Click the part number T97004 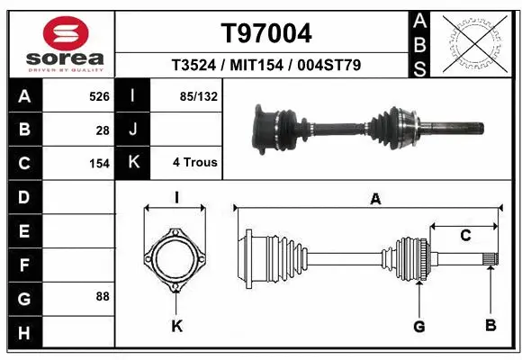(266, 33)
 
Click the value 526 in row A (99, 94)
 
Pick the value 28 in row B (103, 130)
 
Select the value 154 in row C (99, 164)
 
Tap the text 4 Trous (194, 163)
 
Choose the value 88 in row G (103, 296)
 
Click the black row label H (22, 332)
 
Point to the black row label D (22, 196)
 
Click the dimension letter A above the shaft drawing (375, 200)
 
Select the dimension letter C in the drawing (465, 237)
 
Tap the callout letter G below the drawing (418, 325)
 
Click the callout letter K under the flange (176, 325)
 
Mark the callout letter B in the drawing (490, 325)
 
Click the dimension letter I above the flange (177, 198)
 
